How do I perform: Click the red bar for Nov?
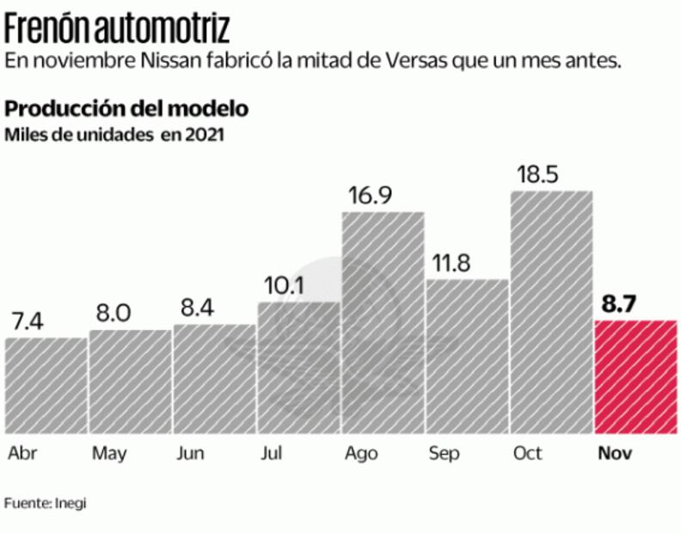(x=635, y=377)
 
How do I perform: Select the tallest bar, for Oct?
(x=551, y=311)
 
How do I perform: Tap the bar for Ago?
(x=383, y=322)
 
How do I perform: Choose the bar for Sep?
(x=467, y=356)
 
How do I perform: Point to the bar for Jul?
(x=298, y=367)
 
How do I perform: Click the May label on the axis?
(x=109, y=453)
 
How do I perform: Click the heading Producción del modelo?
(x=127, y=109)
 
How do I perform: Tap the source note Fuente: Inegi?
(x=46, y=502)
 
